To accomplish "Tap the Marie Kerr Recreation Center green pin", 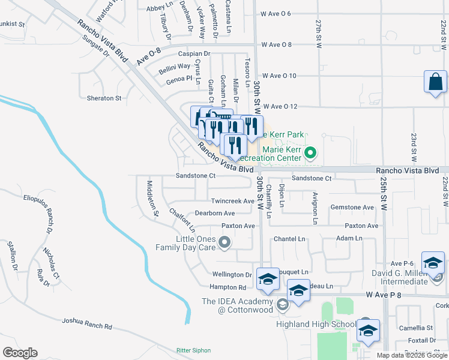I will click(x=310, y=152).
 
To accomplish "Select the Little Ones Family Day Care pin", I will click(x=224, y=242).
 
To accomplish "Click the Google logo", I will click(x=20, y=353).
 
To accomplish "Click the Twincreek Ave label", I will click(x=232, y=201).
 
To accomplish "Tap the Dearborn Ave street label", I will click(x=214, y=213).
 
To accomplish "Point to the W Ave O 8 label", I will click(x=276, y=44).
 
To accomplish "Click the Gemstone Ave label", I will click(x=352, y=208).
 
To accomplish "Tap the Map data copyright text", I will click(x=412, y=355).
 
